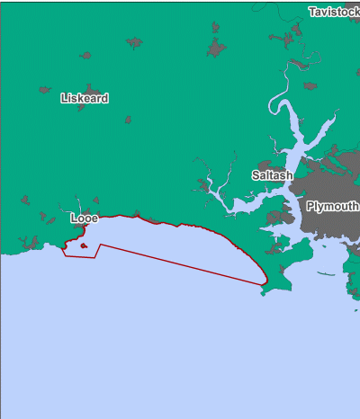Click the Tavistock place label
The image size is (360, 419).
click(333, 12)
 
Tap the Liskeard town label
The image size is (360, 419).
click(85, 97)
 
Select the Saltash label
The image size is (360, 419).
click(272, 175)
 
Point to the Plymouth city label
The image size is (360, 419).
click(332, 206)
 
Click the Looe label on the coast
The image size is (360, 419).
click(84, 218)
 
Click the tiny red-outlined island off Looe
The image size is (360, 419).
click(83, 245)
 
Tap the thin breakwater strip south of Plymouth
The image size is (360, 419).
click(326, 274)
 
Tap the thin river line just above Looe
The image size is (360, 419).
click(79, 204)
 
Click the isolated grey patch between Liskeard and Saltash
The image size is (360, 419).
click(128, 119)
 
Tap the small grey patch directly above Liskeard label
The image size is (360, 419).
click(85, 56)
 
